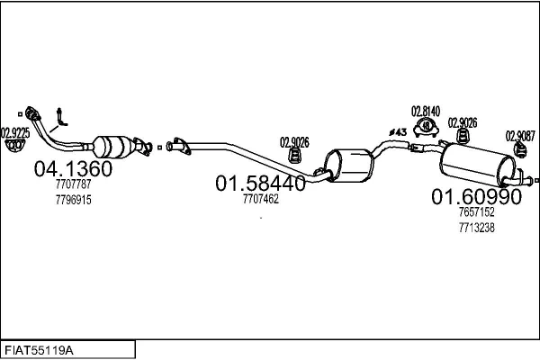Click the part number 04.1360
click(73, 168)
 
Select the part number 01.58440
click(260, 183)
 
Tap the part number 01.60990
click(477, 197)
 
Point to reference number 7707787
click(74, 184)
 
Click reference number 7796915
click(74, 200)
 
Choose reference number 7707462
click(261, 199)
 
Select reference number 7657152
click(477, 211)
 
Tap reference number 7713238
click(477, 228)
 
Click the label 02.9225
click(15, 133)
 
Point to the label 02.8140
click(426, 112)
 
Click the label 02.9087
click(520, 136)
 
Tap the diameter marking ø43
click(398, 132)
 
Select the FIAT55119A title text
click(39, 351)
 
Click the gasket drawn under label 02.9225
click(14, 146)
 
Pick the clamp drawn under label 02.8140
click(426, 127)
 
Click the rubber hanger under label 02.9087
click(520, 150)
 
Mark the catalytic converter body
click(113, 147)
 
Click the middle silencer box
click(348, 166)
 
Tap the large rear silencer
click(477, 165)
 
